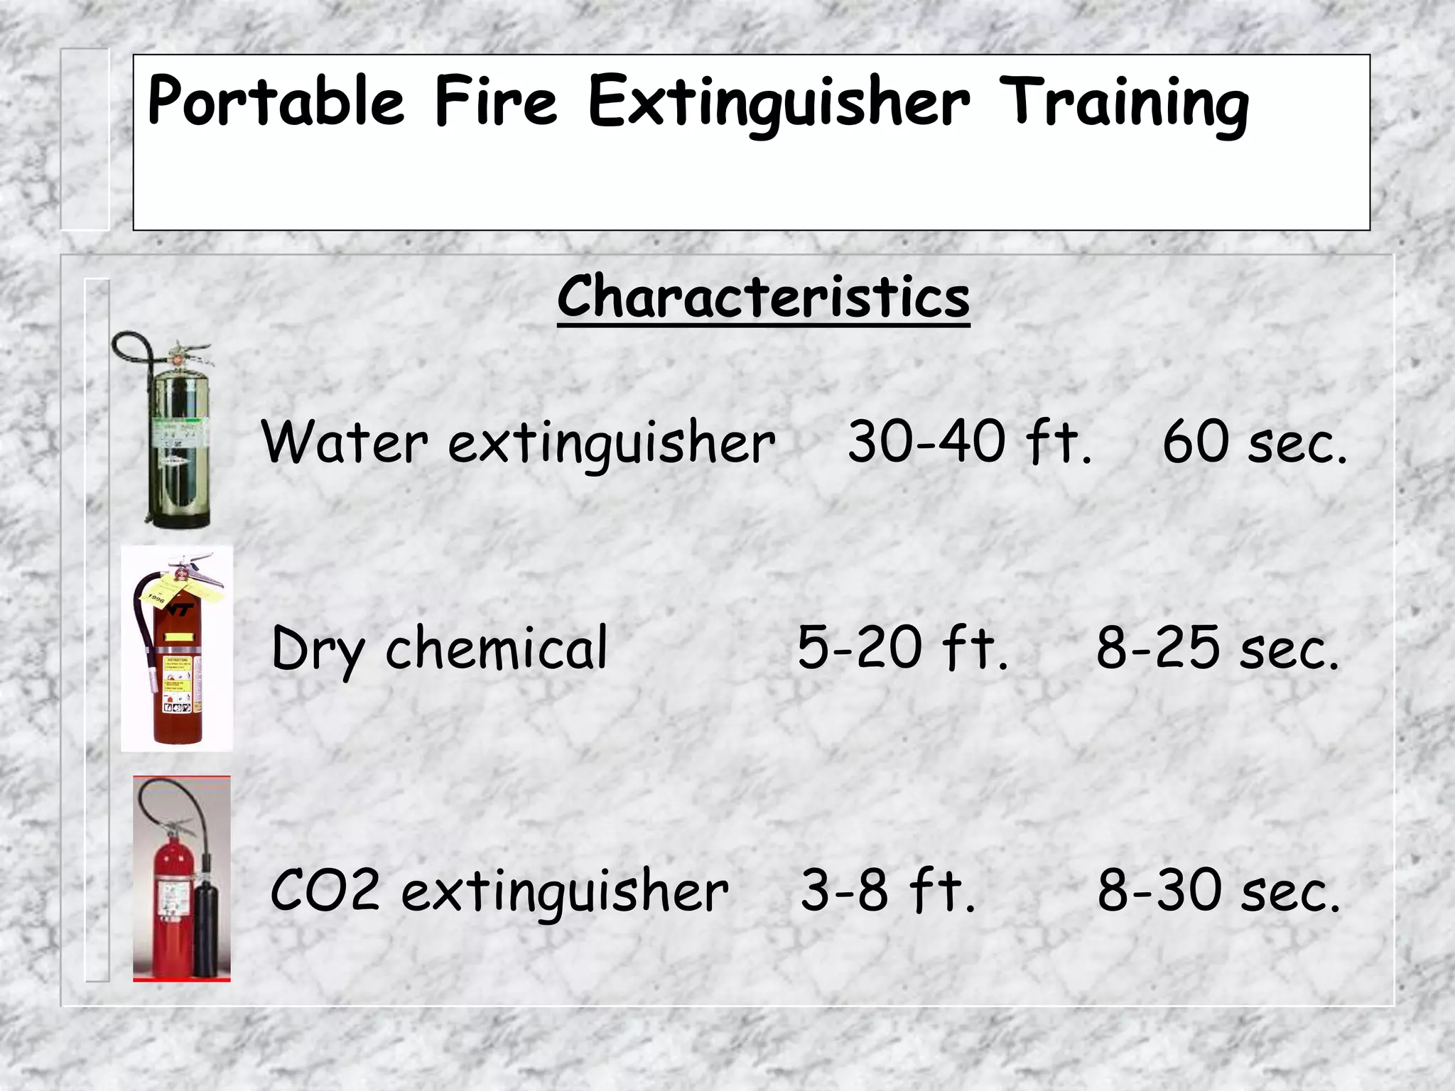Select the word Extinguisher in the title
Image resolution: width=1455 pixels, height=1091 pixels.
pyautogui.click(x=779, y=104)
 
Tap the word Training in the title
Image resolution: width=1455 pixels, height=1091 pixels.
pyautogui.click(x=1124, y=104)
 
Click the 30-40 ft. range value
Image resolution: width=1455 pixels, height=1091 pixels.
pyautogui.click(x=970, y=442)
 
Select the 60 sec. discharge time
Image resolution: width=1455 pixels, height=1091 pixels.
pyautogui.click(x=1255, y=442)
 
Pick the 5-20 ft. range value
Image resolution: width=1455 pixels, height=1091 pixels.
pyautogui.click(x=902, y=647)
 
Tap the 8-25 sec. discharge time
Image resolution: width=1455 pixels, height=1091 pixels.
pyautogui.click(x=1217, y=647)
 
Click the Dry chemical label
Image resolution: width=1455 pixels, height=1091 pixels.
pyautogui.click(x=439, y=647)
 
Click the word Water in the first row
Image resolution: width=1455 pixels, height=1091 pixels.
pyautogui.click(x=345, y=442)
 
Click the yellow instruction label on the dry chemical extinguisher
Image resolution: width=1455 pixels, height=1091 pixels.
pyautogui.click(x=178, y=682)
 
